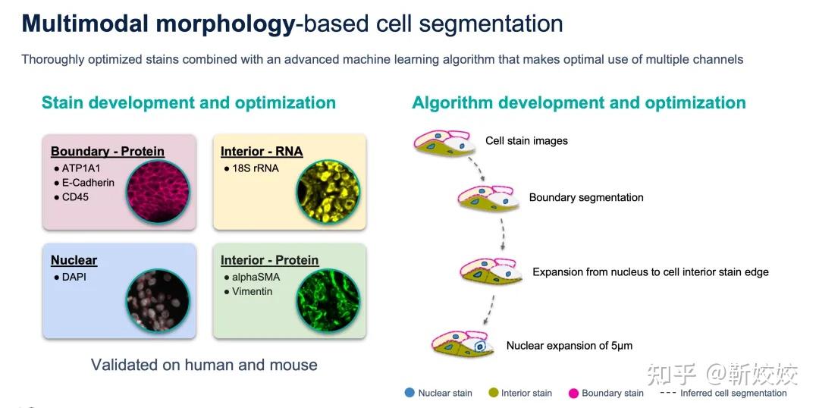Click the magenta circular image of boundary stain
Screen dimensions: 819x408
[x=158, y=191]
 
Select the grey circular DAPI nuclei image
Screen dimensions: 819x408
[x=158, y=300]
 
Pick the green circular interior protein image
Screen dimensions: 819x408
[x=328, y=300]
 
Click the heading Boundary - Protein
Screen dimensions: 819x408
[x=108, y=152]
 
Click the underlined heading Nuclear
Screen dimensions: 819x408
[x=74, y=260]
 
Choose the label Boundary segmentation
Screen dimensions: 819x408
[x=586, y=197]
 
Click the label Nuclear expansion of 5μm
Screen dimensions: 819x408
[x=570, y=346]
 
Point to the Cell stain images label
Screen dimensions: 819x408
[x=526, y=140]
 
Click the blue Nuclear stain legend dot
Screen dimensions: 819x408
[x=409, y=393]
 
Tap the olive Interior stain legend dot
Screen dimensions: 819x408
[x=492, y=393]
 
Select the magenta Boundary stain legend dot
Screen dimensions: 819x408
[x=573, y=393]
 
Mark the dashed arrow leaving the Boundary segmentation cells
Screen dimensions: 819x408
[x=502, y=234]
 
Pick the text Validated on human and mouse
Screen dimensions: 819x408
[x=204, y=364]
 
